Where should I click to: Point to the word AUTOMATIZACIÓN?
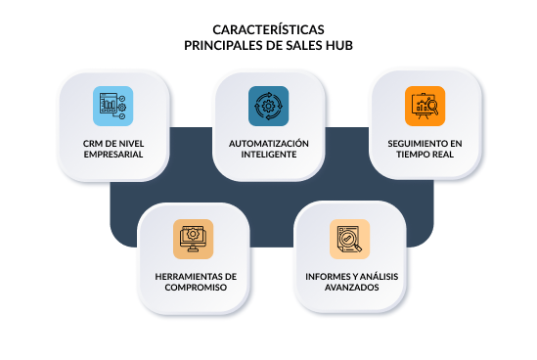(x=268, y=143)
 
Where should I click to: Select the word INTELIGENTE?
(x=268, y=154)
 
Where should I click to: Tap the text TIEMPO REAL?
(x=425, y=154)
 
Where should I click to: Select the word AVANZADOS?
(x=346, y=288)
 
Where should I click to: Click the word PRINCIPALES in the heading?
(x=224, y=45)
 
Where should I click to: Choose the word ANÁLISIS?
(x=378, y=277)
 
